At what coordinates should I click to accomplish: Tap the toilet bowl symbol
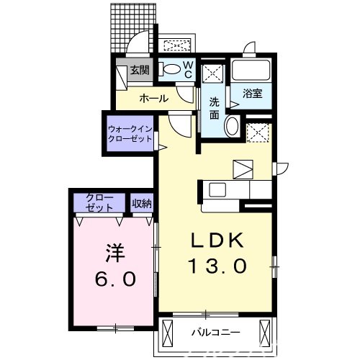coord(171,70)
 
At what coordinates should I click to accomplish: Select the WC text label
coord(186,69)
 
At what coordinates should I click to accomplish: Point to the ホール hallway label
coord(153,98)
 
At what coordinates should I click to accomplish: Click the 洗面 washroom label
coord(215,108)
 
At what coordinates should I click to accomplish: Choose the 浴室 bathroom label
coord(252,93)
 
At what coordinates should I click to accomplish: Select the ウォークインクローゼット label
coord(130,133)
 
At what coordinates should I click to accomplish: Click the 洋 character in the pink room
coord(114,253)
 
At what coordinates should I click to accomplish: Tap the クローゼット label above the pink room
coord(99,202)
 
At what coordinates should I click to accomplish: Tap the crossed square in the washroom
coord(212,73)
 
